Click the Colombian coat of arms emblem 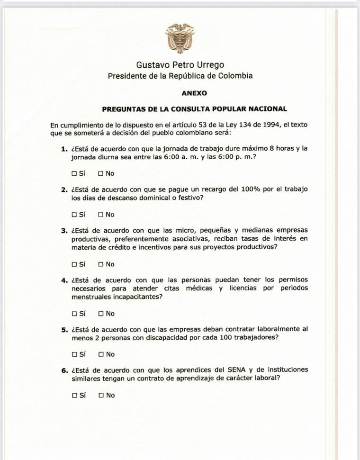180,38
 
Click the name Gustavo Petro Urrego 180,65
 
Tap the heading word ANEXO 194,93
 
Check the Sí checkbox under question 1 74,174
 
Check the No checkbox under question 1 100,174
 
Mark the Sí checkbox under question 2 74,215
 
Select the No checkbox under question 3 100,264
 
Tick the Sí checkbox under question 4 74,314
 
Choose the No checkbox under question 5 100,354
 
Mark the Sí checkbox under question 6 74,395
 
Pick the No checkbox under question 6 100,395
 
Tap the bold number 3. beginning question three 64,231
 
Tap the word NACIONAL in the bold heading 267,109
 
